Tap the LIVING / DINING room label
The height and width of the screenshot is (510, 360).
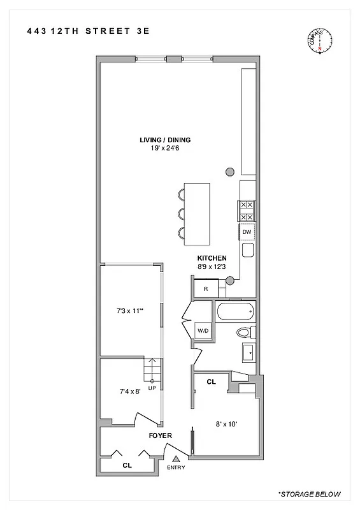tap(166, 140)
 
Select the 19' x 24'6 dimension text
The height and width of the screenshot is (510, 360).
tap(166, 149)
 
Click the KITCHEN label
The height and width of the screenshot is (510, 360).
tap(212, 258)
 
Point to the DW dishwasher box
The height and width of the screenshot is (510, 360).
tap(247, 232)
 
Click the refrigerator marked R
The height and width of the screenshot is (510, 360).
tap(205, 289)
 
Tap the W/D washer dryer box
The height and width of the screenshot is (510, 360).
tap(203, 331)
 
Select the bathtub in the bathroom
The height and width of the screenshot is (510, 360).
tap(235, 312)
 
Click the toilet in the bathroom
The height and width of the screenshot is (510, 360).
tap(245, 332)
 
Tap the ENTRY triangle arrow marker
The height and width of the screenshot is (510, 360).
tap(176, 458)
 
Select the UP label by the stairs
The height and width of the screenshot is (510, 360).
tap(152, 388)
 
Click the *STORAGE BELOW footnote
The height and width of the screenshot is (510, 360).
tap(310, 494)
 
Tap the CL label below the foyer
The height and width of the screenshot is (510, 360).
tap(127, 465)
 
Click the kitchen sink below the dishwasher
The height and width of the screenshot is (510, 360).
tap(247, 250)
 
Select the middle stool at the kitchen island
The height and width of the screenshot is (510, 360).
tap(182, 212)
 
